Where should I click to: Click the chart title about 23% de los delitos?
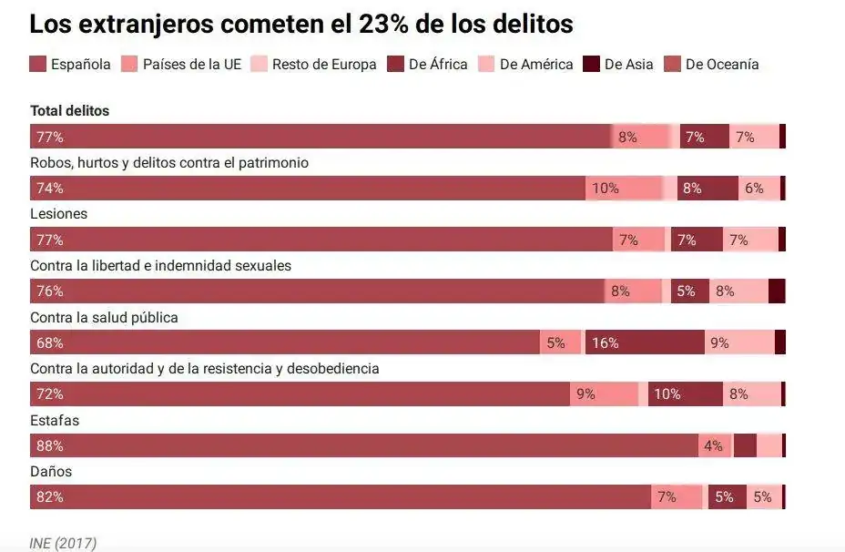coord(301,25)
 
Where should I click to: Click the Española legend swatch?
coord(38,64)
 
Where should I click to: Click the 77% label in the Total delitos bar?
coord(50,138)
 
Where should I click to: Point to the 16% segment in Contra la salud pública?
coord(606,343)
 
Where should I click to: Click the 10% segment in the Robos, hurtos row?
coord(606,189)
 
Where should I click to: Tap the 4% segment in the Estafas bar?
coord(713,446)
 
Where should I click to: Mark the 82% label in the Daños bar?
coord(50,497)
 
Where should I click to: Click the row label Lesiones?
coord(58,213)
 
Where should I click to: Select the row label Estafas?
coord(55,420)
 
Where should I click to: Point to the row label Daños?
coord(51,472)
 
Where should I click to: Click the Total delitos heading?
coord(69,110)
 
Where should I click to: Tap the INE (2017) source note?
coord(63,544)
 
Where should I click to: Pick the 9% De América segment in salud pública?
coord(720,343)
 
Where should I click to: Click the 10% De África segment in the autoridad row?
coord(667,394)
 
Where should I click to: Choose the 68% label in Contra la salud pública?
coord(50,343)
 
